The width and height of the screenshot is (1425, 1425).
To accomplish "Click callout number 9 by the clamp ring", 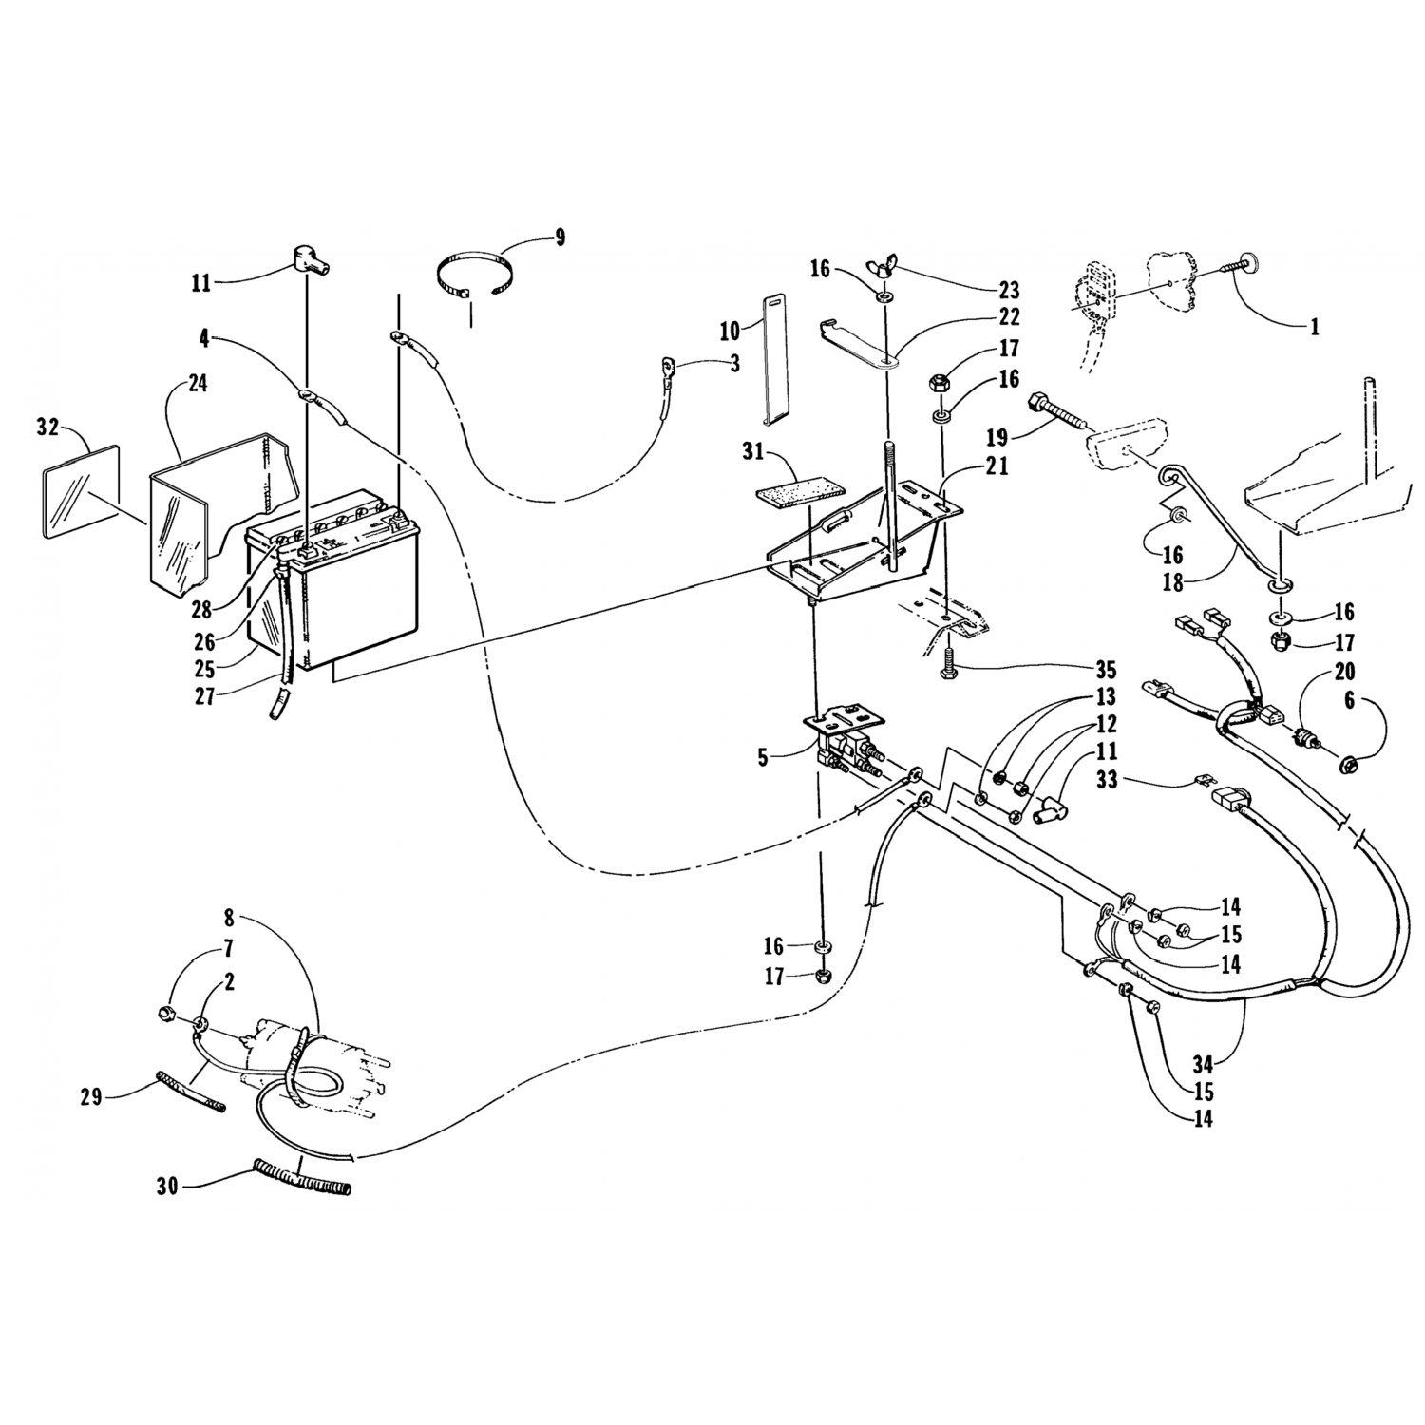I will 560,237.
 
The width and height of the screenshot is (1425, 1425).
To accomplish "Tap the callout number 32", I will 48,427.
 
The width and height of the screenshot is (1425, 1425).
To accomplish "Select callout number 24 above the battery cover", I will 198,384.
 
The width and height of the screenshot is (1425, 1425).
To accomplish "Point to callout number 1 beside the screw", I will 1314,327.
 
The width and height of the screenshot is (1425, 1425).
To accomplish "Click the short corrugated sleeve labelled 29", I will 190,1092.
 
